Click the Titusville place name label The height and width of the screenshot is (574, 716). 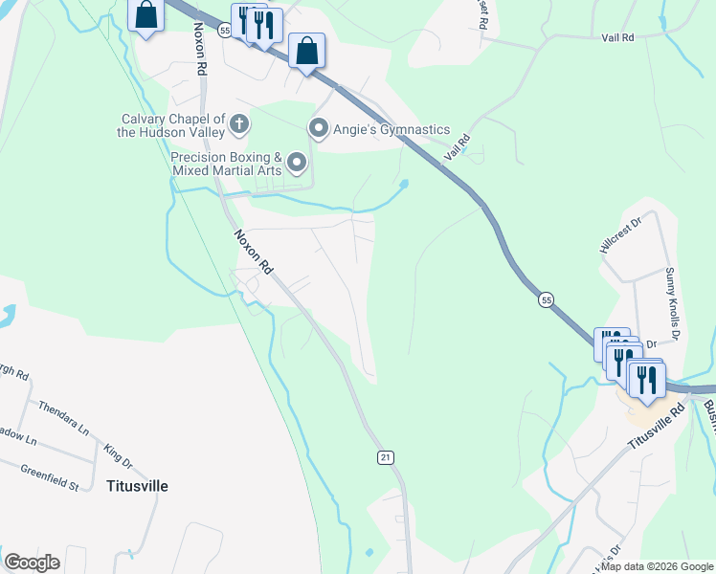click(x=137, y=486)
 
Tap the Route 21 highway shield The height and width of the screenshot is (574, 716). click(x=385, y=459)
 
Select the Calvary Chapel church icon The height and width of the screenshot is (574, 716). click(x=239, y=122)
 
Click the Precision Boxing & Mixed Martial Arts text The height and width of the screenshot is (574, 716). click(x=226, y=164)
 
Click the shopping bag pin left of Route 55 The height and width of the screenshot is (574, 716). click(x=145, y=15)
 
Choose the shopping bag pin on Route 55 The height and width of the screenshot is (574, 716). click(x=306, y=51)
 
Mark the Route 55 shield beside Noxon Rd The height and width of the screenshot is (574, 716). click(x=224, y=31)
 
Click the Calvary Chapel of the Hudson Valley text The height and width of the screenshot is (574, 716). click(x=171, y=125)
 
